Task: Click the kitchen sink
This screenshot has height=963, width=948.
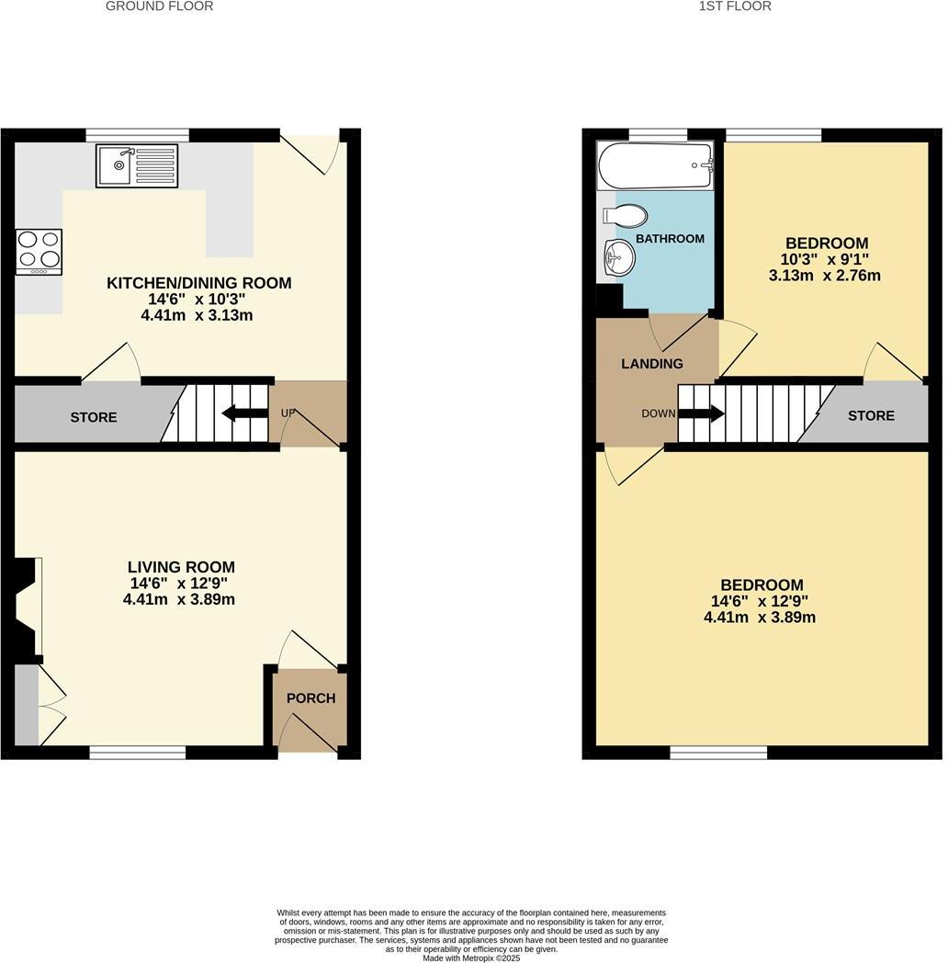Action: [135, 166]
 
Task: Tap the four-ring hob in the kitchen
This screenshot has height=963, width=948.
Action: [39, 250]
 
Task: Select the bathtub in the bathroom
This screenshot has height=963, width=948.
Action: [655, 165]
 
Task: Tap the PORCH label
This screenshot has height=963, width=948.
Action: [310, 698]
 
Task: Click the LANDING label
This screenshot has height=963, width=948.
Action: [652, 364]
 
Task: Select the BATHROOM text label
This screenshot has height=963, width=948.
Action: [671, 239]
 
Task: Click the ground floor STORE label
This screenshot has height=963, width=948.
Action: [94, 417]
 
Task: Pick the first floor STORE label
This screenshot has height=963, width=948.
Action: [871, 415]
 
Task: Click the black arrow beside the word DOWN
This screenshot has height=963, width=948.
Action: [701, 414]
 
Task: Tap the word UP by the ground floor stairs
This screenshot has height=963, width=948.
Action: [288, 414]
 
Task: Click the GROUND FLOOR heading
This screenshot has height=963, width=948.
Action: [159, 6]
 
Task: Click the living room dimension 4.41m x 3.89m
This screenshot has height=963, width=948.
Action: [179, 600]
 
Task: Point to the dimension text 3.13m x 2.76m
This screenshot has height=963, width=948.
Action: [824, 275]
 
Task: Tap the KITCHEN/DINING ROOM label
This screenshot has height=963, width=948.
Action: [199, 283]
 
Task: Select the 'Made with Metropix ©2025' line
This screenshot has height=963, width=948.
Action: [471, 957]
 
